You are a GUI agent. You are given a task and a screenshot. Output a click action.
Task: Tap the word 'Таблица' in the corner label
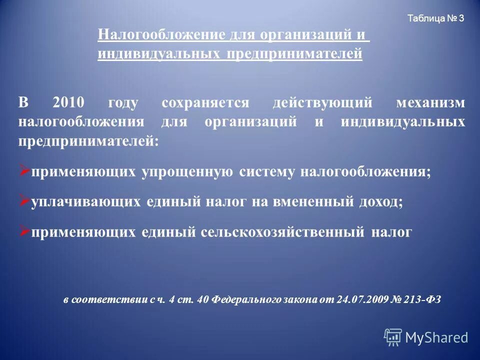pyautogui.click(x=425, y=19)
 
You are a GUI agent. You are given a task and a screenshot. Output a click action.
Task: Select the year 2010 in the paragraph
pyautogui.click(x=67, y=103)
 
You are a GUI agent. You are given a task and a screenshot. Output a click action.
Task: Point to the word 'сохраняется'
pyautogui.click(x=205, y=103)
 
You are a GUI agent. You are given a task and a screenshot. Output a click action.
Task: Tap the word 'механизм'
pyautogui.click(x=430, y=103)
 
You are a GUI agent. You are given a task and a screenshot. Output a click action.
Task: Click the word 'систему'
pyautogui.click(x=267, y=172)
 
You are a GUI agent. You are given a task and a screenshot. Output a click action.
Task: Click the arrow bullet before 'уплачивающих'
pyautogui.click(x=24, y=201)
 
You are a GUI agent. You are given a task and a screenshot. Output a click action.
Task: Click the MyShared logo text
pyautogui.click(x=436, y=337)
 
